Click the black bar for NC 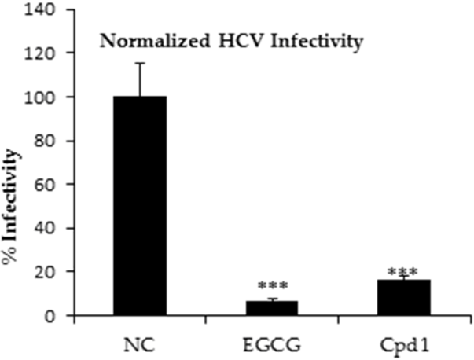[140, 206]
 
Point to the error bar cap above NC [140, 64]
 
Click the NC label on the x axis [140, 343]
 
